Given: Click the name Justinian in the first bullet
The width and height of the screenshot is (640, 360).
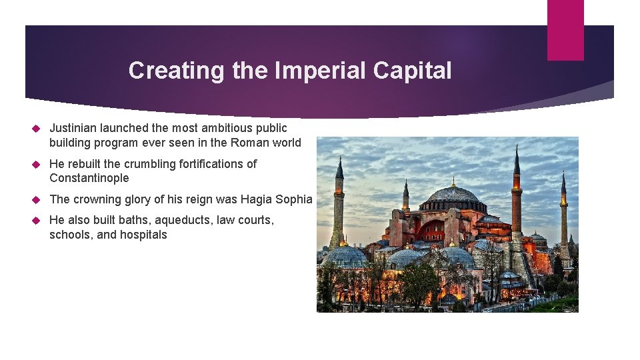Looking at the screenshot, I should pyautogui.click(x=73, y=127).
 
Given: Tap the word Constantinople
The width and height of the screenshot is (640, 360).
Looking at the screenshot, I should pyautogui.click(x=89, y=178).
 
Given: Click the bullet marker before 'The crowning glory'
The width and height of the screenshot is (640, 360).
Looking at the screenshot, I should pyautogui.click(x=38, y=199).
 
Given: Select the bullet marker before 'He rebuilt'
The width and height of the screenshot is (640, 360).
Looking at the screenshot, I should pyautogui.click(x=38, y=164).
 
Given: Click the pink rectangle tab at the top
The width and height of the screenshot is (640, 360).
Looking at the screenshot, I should pyautogui.click(x=565, y=30).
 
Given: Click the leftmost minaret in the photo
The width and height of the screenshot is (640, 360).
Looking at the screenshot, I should pyautogui.click(x=339, y=200).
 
